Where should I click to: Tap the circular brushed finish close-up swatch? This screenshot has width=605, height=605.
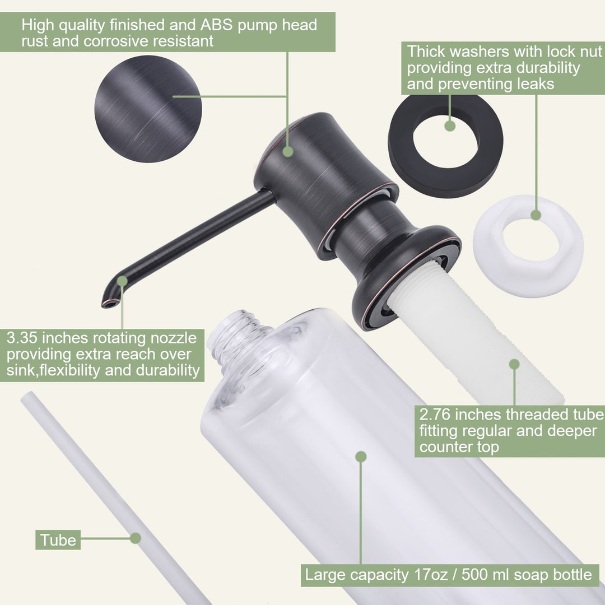pyautogui.click(x=148, y=109)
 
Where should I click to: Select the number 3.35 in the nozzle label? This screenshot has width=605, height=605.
pyautogui.click(x=22, y=338)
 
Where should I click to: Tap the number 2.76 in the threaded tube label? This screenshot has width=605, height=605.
pyautogui.click(x=435, y=415)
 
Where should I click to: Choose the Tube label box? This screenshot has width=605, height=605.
pyautogui.click(x=58, y=540)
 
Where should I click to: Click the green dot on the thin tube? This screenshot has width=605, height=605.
pyautogui.click(x=136, y=538)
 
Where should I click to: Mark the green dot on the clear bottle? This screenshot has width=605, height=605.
pyautogui.click(x=361, y=457)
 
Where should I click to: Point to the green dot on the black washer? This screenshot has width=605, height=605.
pyautogui.click(x=450, y=126)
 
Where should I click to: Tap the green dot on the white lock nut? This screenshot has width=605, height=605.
pyautogui.click(x=536, y=215)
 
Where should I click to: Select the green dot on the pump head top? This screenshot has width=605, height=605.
pyautogui.click(x=288, y=151)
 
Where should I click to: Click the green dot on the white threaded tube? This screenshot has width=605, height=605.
pyautogui.click(x=514, y=364)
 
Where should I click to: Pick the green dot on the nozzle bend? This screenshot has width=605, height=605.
pyautogui.click(x=122, y=281)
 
